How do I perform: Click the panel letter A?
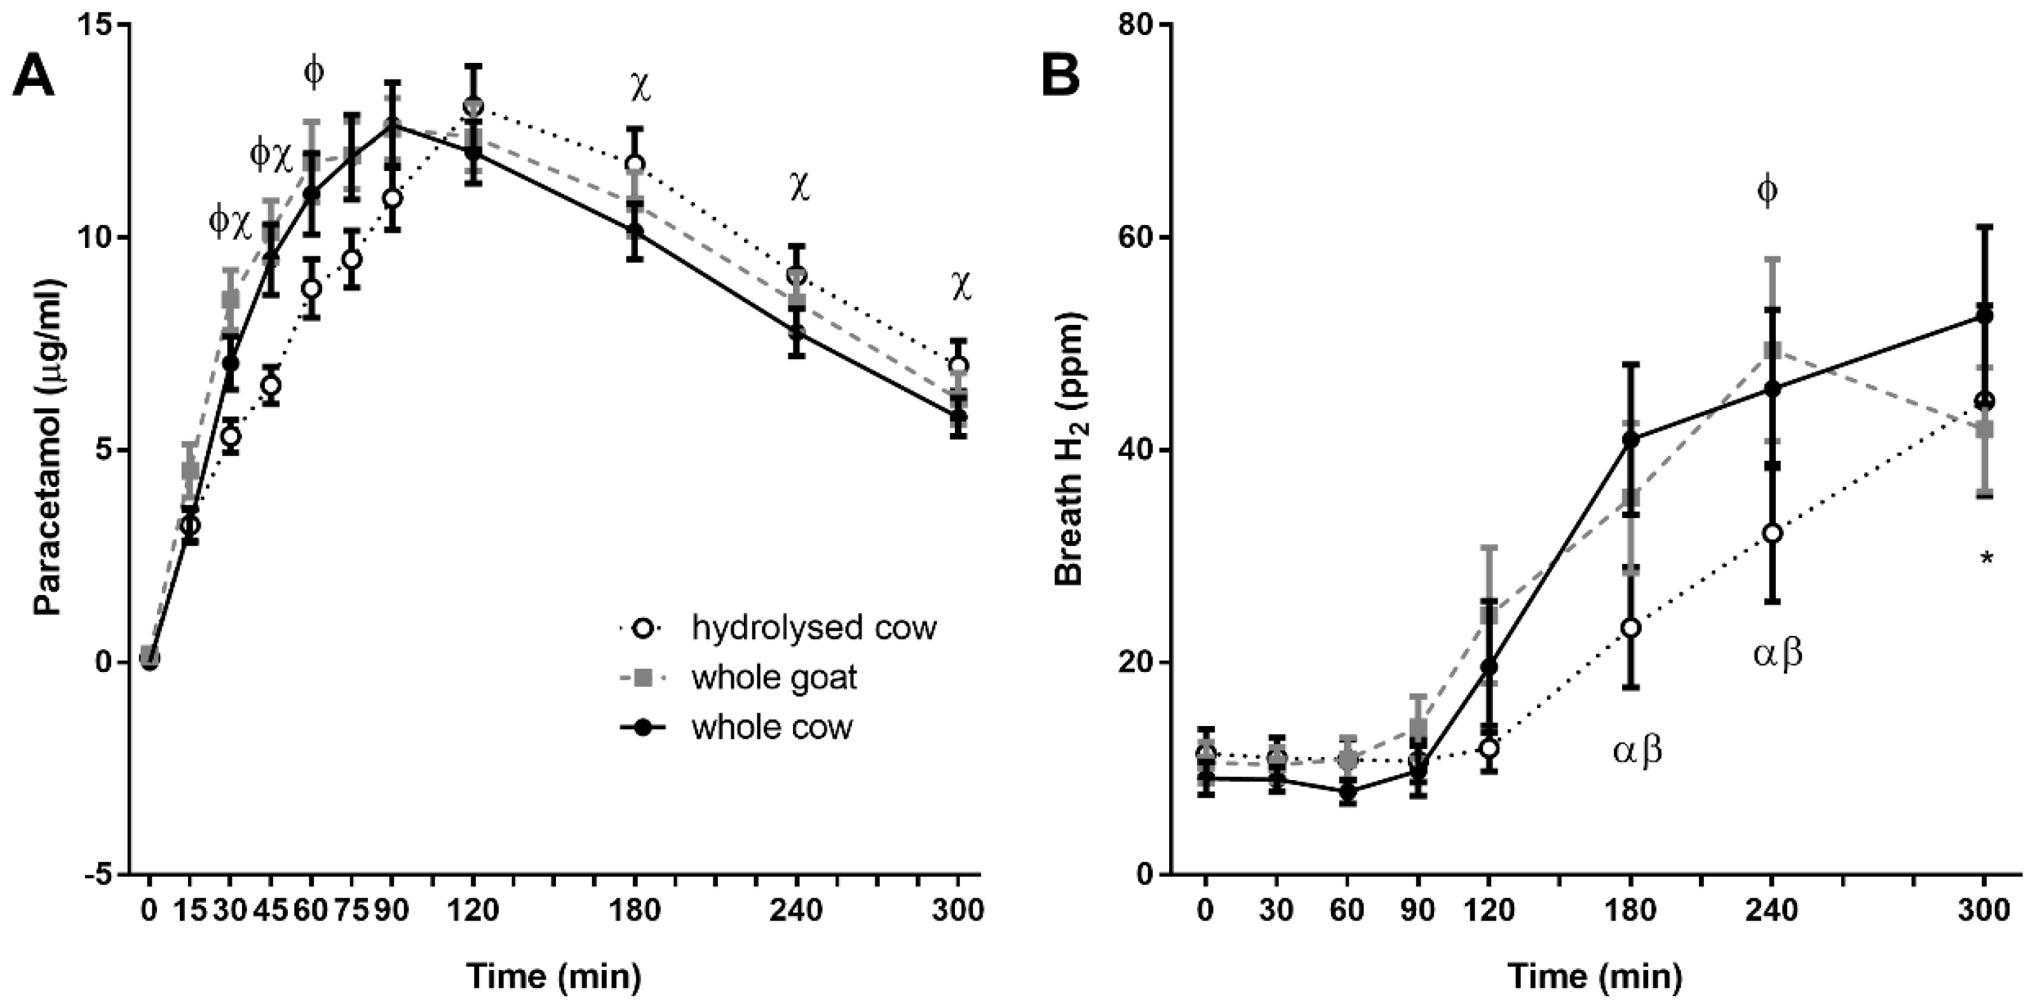pyautogui.click(x=33, y=78)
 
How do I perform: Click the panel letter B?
pyautogui.click(x=1060, y=78)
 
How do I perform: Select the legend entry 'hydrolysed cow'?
pyautogui.click(x=814, y=628)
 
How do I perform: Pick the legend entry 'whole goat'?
pyautogui.click(x=774, y=678)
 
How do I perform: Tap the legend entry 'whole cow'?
pyautogui.click(x=772, y=727)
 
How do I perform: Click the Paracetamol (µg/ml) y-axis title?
pyautogui.click(x=49, y=451)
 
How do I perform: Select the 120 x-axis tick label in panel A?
pyautogui.click(x=473, y=910)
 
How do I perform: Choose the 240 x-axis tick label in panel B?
pyautogui.click(x=1771, y=910)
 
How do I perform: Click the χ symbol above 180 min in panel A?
pyautogui.click(x=640, y=89)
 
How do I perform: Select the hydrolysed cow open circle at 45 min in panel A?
pyautogui.click(x=271, y=386)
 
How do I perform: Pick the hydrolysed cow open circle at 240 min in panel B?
pyautogui.click(x=1772, y=533)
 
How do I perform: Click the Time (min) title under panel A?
pyautogui.click(x=553, y=976)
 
